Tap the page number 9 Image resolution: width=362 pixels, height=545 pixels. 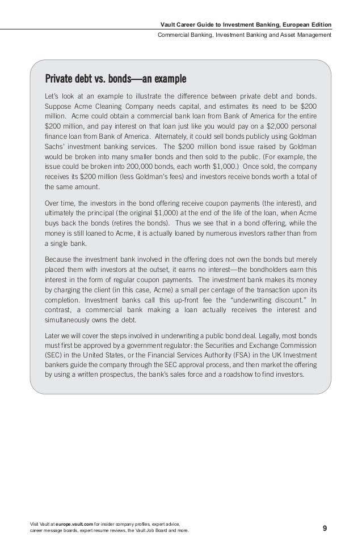pyautogui.click(x=325, y=529)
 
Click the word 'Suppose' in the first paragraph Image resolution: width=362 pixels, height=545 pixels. pyautogui.click(x=58, y=107)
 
